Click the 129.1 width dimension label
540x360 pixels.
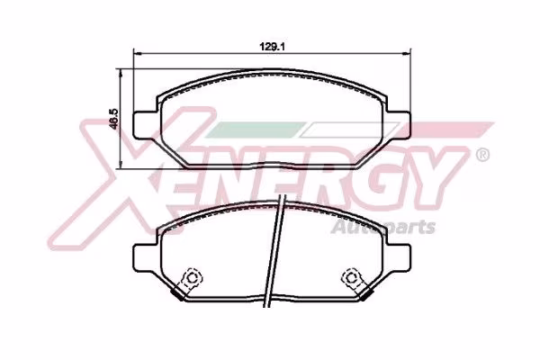[272, 47]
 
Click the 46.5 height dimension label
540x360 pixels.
[113, 119]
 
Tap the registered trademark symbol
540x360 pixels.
[482, 155]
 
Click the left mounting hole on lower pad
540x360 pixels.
[193, 277]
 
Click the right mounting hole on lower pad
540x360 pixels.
[351, 277]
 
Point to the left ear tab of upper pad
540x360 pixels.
[145, 125]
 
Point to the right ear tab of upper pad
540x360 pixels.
[399, 125]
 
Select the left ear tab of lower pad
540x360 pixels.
[145, 257]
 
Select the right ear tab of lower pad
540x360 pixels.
[399, 257]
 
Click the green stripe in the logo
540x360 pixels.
[255, 130]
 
